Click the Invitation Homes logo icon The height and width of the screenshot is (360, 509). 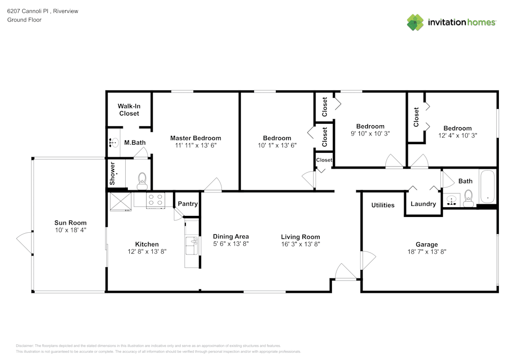point(415,22)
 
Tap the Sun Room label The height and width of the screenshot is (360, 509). point(71,223)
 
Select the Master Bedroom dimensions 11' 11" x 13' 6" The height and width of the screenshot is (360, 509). point(195,145)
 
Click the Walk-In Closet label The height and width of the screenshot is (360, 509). point(129,109)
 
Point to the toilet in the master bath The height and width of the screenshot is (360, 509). point(142,179)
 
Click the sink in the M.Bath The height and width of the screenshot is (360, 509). point(113,143)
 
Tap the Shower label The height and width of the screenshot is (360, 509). point(112,174)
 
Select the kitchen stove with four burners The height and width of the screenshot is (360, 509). point(155,200)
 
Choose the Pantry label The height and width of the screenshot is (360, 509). point(188,204)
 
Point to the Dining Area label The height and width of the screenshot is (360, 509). point(231,236)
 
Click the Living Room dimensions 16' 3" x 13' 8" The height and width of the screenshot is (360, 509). point(300,244)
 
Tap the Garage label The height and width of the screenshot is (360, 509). point(426,244)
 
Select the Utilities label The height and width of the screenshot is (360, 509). point(383,205)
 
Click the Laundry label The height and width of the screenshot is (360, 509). point(423,204)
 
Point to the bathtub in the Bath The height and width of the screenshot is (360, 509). point(487,187)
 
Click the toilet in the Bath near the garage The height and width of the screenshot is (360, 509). point(468,198)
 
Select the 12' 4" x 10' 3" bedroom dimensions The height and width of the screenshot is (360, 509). point(457,135)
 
